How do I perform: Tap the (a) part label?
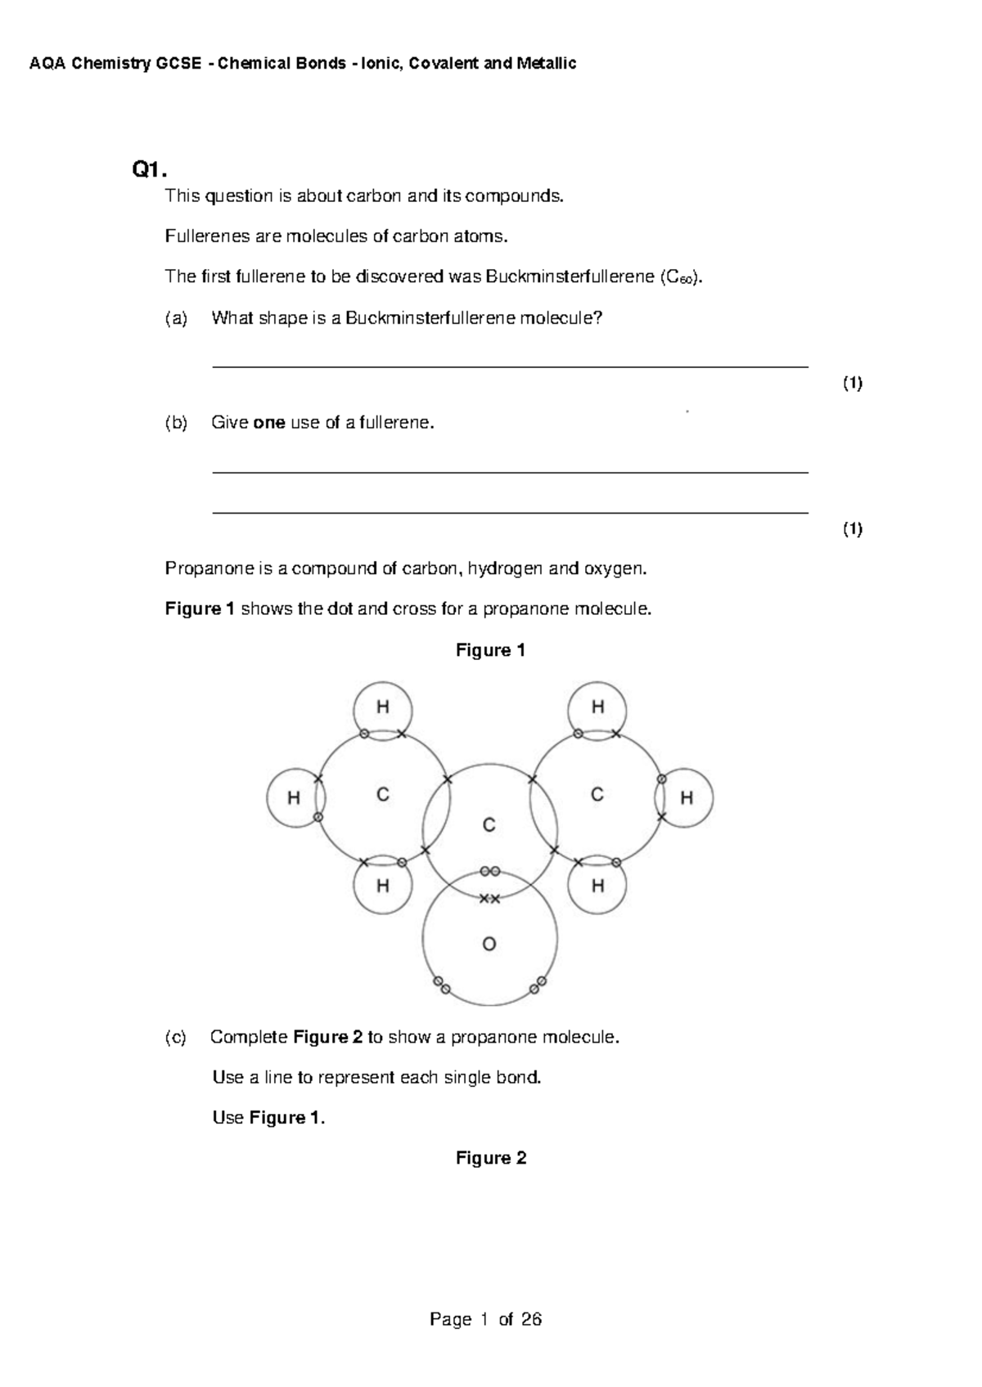176,319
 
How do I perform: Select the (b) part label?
176,423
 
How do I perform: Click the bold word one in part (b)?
269,423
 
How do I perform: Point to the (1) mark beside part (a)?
853,384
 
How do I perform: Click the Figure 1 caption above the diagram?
490,650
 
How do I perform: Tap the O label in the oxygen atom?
489,945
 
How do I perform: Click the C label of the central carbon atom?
489,825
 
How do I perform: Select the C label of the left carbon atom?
382,794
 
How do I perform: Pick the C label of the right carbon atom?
597,794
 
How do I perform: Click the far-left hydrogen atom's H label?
293,798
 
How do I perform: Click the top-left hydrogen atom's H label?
382,707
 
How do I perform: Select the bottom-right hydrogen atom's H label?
597,886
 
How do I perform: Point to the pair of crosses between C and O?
489,899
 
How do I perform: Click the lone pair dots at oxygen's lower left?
441,985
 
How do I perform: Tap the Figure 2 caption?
491,1158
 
